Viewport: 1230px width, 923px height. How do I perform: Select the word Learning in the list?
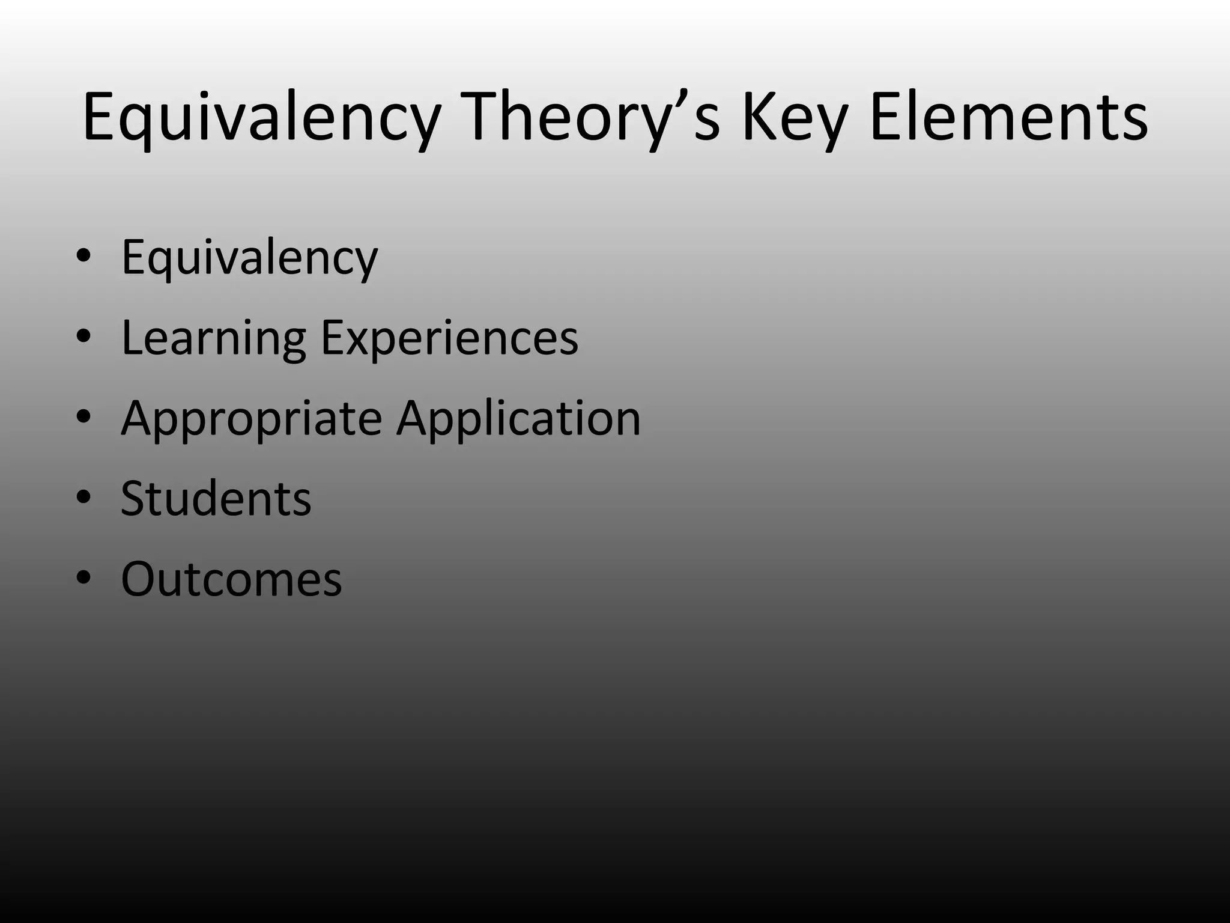tap(214, 338)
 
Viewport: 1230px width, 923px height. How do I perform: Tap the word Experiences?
tap(449, 338)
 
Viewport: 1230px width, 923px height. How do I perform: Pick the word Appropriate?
tap(251, 419)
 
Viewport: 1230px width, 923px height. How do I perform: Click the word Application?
tap(518, 419)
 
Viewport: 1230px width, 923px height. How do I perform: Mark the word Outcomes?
tap(231, 579)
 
